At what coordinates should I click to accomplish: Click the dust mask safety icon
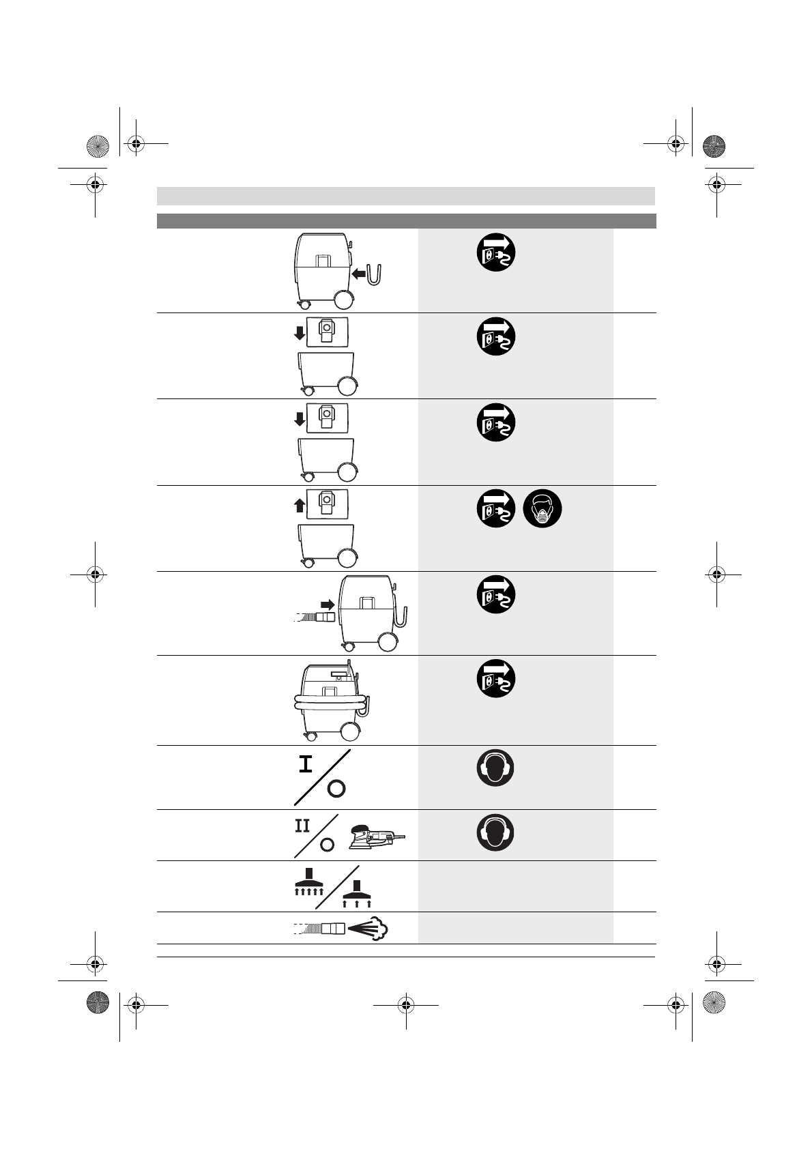point(542,509)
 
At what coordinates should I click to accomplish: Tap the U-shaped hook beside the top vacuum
point(375,275)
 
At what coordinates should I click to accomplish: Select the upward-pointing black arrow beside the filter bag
point(299,506)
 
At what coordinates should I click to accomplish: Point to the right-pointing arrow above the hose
point(328,604)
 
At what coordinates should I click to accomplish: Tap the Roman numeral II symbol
point(302,826)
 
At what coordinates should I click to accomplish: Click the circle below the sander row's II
point(327,844)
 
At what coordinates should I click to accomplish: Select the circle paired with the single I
point(336,789)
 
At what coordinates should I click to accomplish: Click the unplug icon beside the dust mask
point(495,509)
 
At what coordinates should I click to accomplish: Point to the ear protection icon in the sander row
point(495,832)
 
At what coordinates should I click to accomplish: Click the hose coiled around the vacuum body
point(330,703)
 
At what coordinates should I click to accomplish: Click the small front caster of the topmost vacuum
point(302,304)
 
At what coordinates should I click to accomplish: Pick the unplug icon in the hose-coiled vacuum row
point(495,679)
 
